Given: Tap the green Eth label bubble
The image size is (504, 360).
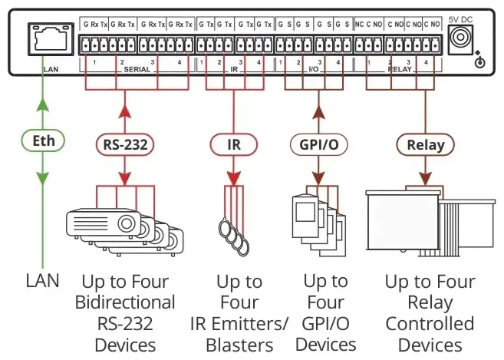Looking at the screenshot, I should point(43,141).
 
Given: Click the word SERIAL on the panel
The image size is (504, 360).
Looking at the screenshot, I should point(138,68).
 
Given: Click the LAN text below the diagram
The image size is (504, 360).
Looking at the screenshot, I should point(42,282).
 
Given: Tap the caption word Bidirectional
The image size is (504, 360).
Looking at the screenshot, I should point(125,302).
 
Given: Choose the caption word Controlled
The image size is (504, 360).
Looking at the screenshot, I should point(430,324).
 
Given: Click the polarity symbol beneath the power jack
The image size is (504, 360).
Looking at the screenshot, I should point(480,61).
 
